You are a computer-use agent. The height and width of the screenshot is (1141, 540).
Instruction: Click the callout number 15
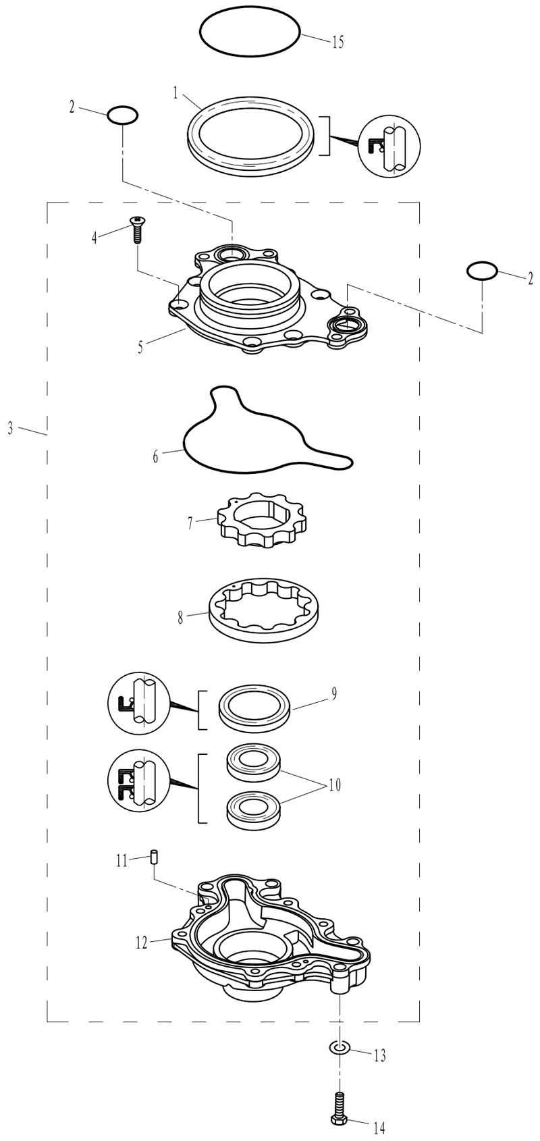[x=337, y=42]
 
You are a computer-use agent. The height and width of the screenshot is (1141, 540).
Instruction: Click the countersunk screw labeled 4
[x=136, y=230]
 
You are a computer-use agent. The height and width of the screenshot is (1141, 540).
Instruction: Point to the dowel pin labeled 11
[x=154, y=856]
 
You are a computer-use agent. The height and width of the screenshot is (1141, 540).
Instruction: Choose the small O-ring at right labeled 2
[x=482, y=270]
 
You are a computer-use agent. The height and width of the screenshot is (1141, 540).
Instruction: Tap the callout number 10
[x=335, y=785]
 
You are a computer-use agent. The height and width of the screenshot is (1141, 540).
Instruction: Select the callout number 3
[x=11, y=429]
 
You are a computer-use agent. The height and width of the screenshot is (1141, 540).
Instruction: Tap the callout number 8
[x=180, y=619]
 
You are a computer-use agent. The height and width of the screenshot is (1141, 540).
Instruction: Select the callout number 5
[x=140, y=347]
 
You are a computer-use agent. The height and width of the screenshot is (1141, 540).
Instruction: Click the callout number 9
[x=334, y=694]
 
